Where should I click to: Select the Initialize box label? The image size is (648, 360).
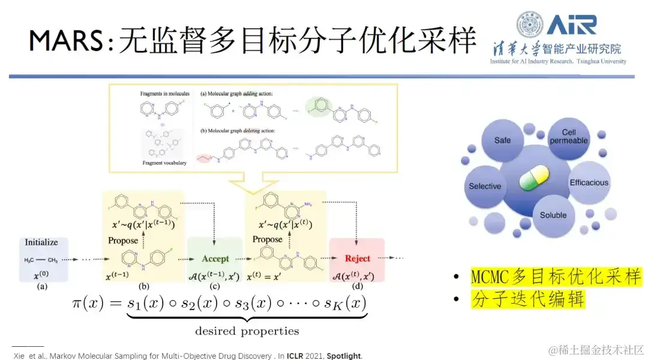point(41,242)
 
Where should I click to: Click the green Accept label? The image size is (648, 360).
point(215,259)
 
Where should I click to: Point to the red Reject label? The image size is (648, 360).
point(357,259)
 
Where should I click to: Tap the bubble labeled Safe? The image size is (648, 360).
point(503,140)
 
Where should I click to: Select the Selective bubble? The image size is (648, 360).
point(485,186)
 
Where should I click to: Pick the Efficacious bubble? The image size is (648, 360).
point(589,182)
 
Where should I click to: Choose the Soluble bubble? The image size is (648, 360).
point(553,215)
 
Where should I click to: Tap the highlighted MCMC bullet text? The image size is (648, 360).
point(556,277)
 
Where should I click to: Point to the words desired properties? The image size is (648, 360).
point(247,331)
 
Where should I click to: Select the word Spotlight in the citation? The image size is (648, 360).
point(344,356)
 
